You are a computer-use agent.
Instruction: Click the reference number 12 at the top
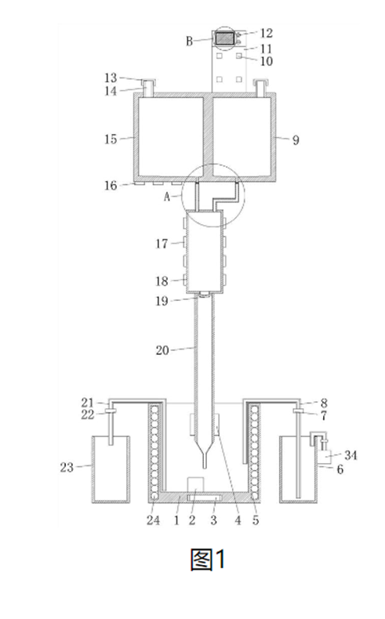267,34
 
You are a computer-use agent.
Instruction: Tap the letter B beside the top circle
190,41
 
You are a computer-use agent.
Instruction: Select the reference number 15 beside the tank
111,139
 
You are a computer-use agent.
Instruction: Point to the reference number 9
296,139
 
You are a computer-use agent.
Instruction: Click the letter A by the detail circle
167,197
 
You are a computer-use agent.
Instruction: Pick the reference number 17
162,244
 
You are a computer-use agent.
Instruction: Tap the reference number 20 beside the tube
162,350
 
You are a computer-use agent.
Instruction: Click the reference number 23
67,468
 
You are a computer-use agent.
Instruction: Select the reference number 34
350,455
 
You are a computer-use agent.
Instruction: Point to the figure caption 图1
208,559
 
